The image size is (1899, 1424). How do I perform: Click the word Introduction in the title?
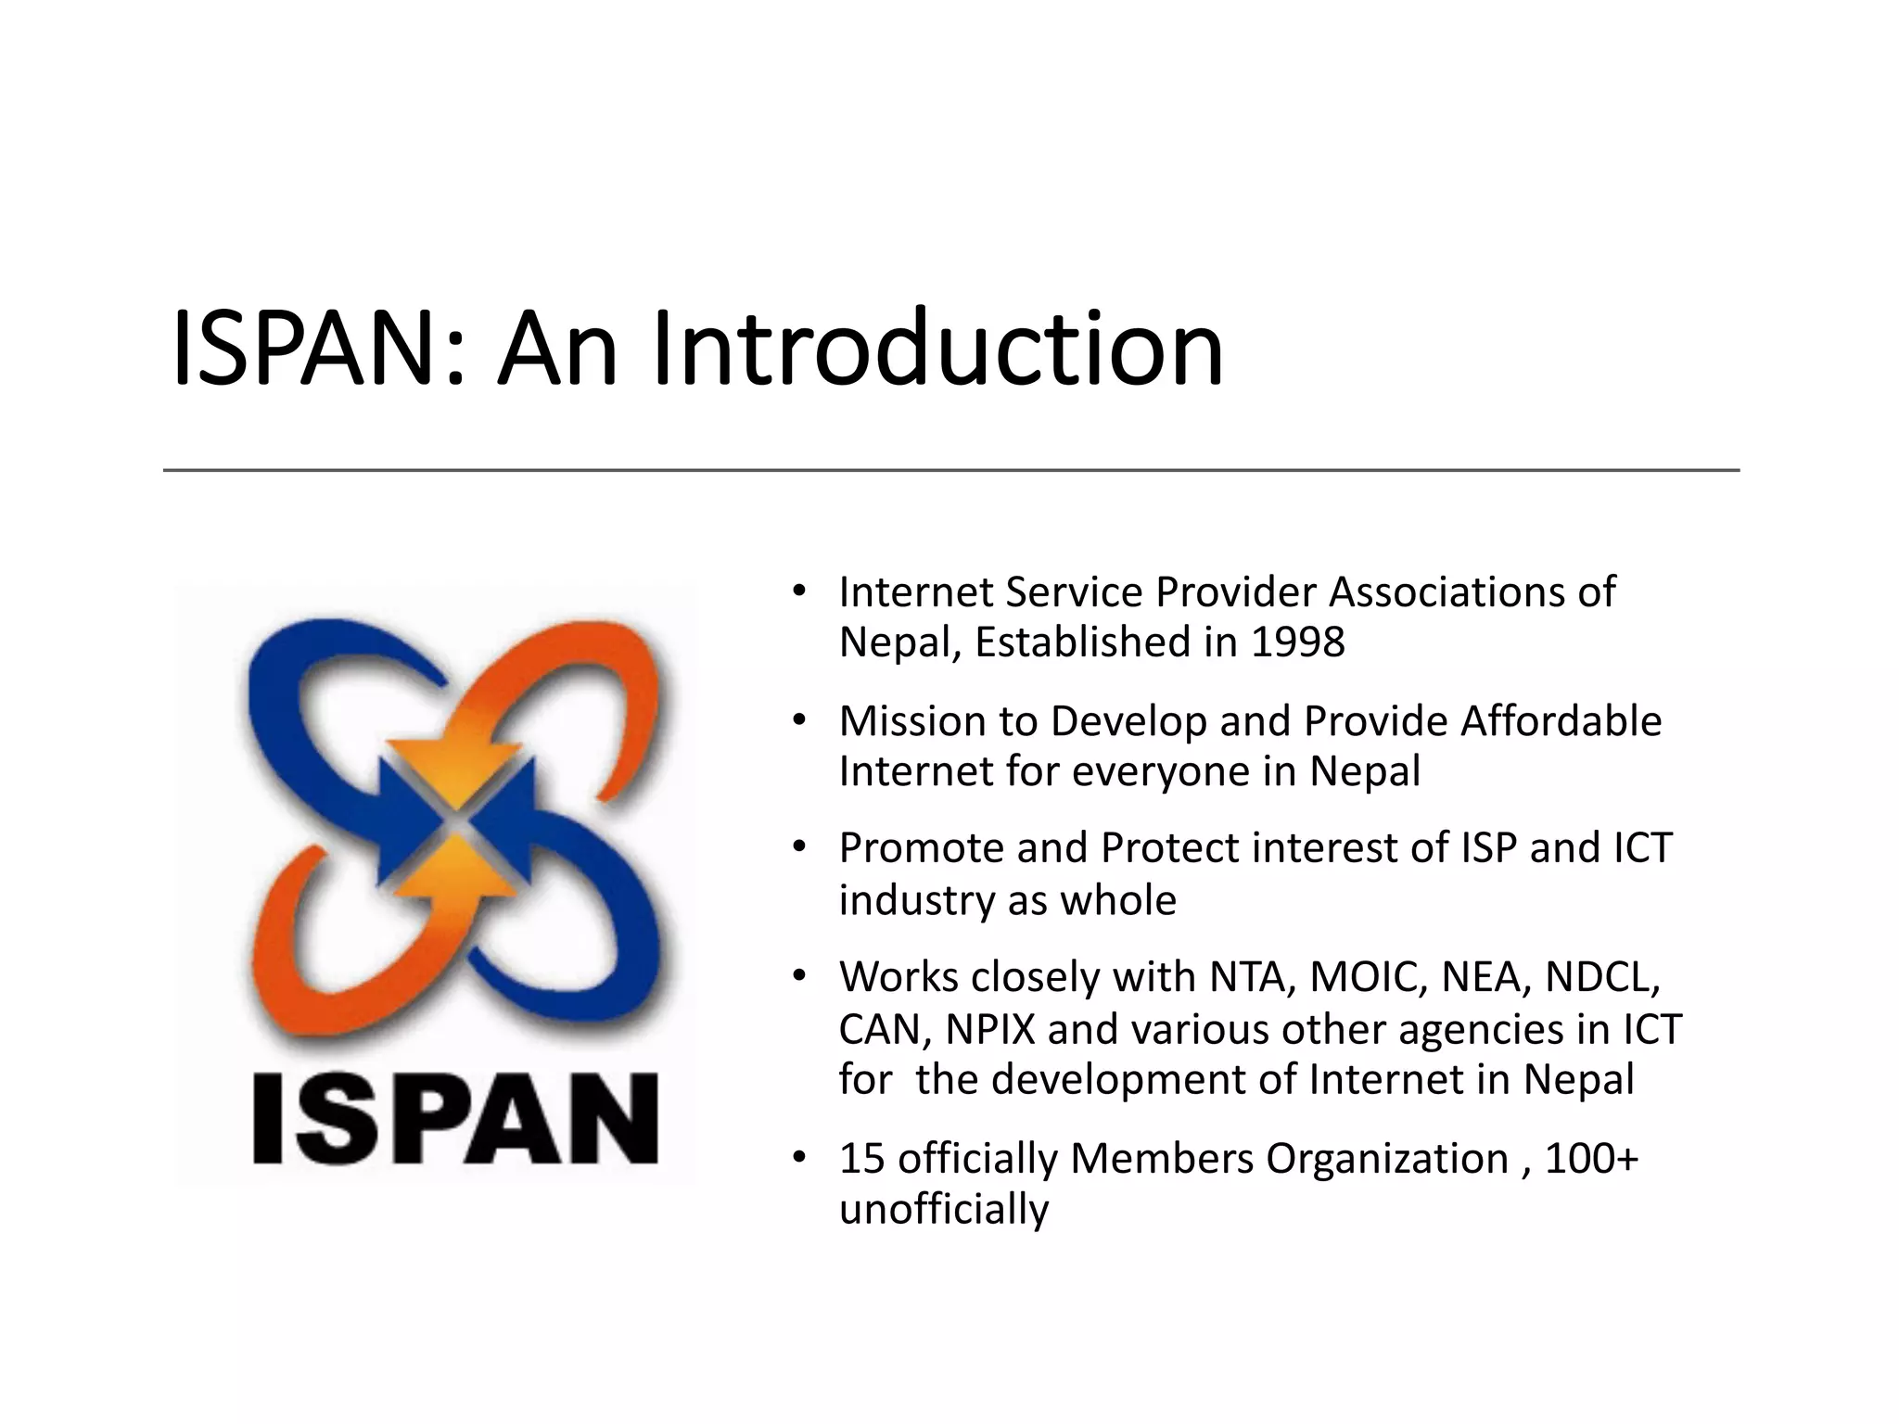pos(937,350)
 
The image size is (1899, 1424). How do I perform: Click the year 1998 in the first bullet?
pos(1297,642)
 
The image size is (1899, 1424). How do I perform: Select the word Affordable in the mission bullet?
pos(1561,721)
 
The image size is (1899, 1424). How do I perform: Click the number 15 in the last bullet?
pos(861,1159)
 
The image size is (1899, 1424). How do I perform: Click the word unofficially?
pos(944,1210)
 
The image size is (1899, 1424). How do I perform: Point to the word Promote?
pos(920,848)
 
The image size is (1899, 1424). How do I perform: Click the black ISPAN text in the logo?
pos(454,1118)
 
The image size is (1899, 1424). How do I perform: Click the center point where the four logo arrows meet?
pos(454,823)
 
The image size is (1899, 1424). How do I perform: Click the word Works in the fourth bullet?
pos(897,977)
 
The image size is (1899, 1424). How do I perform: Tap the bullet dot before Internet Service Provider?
pos(799,591)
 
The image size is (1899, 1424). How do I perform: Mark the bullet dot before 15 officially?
pos(799,1159)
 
